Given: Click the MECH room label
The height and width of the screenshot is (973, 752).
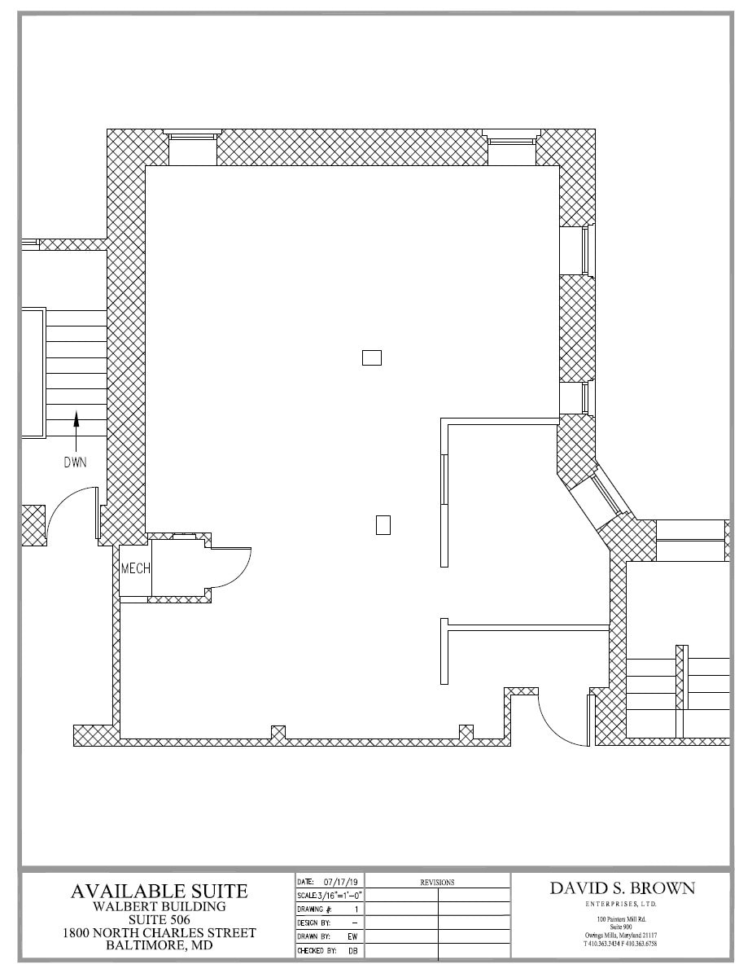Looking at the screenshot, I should coord(135,568).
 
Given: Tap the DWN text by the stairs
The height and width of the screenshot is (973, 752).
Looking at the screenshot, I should coord(77,462).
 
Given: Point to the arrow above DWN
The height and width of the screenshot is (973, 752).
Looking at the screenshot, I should coord(77,428).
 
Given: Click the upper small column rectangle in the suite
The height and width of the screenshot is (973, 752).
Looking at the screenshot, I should coord(371,357).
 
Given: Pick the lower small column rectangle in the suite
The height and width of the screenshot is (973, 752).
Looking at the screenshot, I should coord(383,525).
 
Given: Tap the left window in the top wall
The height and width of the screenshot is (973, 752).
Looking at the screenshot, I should coord(192,147).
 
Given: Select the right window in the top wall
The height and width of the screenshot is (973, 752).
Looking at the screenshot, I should coord(511,147).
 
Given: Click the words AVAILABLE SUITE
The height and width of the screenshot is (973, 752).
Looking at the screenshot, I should coord(159,891).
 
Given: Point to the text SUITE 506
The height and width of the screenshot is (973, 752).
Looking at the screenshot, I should coord(159,919).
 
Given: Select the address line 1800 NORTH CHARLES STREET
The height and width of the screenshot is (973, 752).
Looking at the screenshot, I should coord(159,932).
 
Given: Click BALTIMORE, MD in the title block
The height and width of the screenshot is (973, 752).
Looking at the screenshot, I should coord(159,945).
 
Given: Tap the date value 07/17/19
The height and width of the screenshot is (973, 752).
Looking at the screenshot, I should coord(342,882).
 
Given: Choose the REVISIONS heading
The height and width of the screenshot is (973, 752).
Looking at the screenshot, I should coord(437,882).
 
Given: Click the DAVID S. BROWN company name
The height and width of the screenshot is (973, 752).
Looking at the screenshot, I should coord(623,888).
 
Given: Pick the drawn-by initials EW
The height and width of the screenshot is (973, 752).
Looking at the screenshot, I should coord(352,936).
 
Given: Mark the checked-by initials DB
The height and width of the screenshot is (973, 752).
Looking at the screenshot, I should coord(352,949).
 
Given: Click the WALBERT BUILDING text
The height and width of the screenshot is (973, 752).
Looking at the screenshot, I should coord(159,906).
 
